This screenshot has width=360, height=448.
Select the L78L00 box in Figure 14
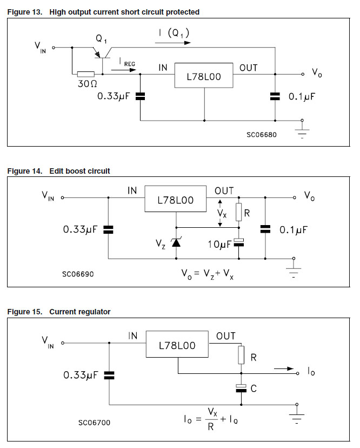[175, 200]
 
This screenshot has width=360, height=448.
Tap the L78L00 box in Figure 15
[177, 345]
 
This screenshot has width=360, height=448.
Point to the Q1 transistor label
[101, 39]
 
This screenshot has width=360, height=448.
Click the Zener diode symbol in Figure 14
[175, 242]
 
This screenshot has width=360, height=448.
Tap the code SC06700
[94, 422]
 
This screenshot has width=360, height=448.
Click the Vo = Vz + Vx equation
[208, 274]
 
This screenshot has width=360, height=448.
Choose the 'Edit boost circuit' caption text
[79, 171]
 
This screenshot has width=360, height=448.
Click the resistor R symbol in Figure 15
[241, 355]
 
